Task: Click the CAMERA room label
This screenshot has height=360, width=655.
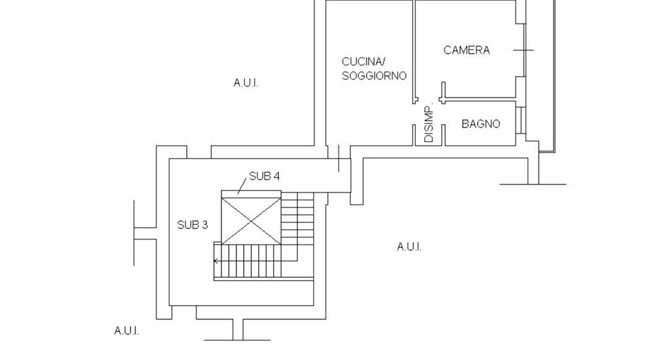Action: click(x=466, y=50)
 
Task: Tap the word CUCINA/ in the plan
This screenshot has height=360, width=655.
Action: click(x=362, y=62)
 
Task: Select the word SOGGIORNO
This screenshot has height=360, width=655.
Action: click(x=374, y=76)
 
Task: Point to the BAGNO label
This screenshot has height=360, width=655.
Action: click(x=481, y=124)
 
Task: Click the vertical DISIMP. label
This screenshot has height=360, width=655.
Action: click(x=429, y=124)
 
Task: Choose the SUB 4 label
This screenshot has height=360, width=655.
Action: click(x=265, y=176)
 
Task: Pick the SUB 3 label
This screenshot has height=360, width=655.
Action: click(x=193, y=225)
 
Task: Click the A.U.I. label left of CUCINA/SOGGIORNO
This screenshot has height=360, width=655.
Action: click(x=246, y=83)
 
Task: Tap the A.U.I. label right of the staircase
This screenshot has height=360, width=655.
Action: click(x=409, y=247)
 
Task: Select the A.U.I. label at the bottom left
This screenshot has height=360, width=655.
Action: click(x=126, y=331)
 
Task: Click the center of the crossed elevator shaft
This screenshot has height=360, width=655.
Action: click(x=252, y=220)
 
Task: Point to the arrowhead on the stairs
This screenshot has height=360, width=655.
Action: click(x=216, y=261)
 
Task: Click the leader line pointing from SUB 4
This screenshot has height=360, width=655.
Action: click(x=242, y=187)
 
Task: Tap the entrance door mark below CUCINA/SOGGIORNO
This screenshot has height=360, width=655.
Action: click(x=339, y=158)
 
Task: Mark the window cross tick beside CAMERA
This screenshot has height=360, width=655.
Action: click(x=524, y=50)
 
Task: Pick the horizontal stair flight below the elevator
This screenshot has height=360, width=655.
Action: click(x=262, y=261)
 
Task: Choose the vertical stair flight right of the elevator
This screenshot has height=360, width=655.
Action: click(x=297, y=219)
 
